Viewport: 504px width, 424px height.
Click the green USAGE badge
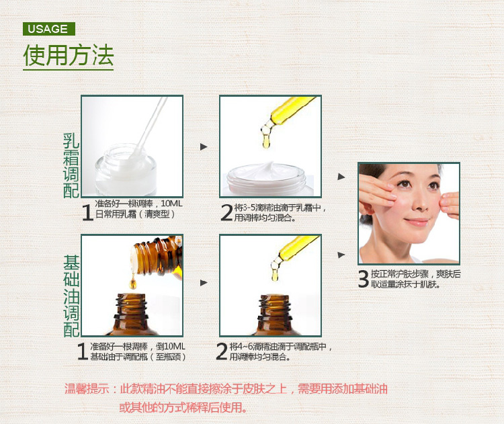[x=49, y=29]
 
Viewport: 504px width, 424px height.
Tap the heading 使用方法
[x=69, y=55]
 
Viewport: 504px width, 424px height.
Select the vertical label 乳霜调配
[x=71, y=165]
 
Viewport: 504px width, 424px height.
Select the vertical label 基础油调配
[x=71, y=296]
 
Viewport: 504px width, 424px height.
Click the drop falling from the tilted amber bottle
[x=132, y=282]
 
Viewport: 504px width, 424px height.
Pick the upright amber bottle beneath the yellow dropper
[x=274, y=315]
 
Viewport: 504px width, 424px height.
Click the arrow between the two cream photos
[x=204, y=147]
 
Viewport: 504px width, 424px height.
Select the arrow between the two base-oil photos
[x=204, y=283]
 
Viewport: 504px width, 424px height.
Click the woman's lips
[x=417, y=222]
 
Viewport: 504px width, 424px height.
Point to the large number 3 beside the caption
[x=364, y=279]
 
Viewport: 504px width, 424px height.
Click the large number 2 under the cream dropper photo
[x=226, y=212]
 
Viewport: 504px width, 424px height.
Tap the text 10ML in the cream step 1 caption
[x=171, y=204]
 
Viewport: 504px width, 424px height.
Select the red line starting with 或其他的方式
[x=183, y=408]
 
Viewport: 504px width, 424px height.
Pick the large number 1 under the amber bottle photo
[x=83, y=351]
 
